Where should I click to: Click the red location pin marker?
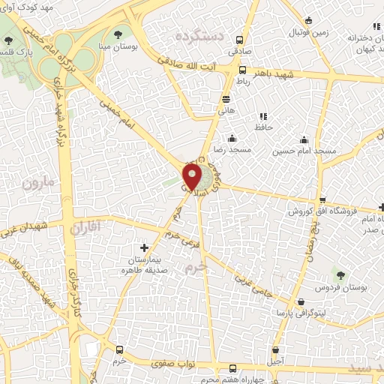click(x=193, y=176)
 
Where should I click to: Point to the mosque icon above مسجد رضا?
click(x=231, y=138)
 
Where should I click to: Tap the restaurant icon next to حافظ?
click(x=263, y=116)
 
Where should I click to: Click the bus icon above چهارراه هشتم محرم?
click(x=232, y=367)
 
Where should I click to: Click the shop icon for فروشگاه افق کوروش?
click(x=322, y=199)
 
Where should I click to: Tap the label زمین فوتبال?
click(x=310, y=31)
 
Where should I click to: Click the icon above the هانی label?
click(x=226, y=99)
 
